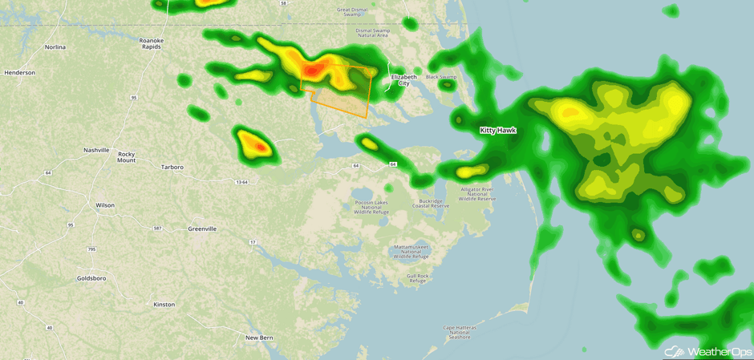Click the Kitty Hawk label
coord(497,130)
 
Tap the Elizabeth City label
coord(404,79)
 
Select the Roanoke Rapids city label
coord(151,43)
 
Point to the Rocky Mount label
coord(126,157)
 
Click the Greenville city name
coord(202,229)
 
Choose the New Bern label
coord(259,338)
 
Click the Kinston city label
coord(164,305)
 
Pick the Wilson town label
coord(105,205)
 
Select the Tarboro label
coord(172,168)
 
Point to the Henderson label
coord(19,73)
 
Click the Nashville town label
coord(95,150)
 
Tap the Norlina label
coord(55,47)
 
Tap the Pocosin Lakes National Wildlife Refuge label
coord(371,207)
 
